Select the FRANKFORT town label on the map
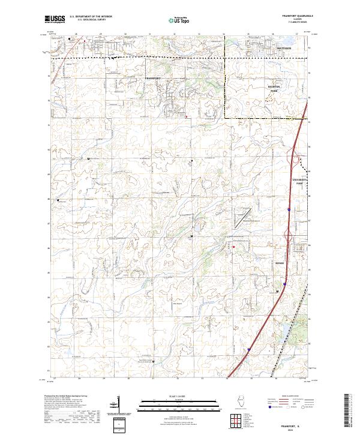click(154, 79)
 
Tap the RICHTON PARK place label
click(274, 88)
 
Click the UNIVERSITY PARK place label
click(300, 181)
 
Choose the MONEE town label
click(280, 263)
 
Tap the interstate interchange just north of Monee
click(290, 246)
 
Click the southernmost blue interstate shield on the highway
click(248, 348)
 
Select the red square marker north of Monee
click(233, 247)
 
